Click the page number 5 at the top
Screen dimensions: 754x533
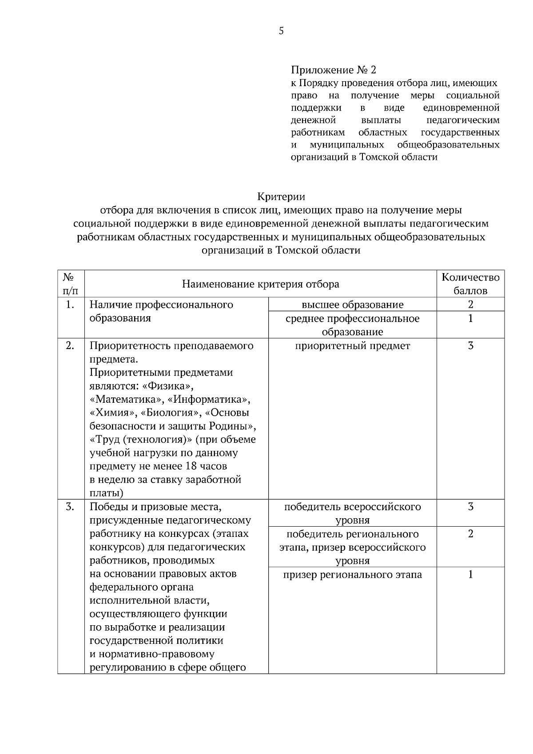281,31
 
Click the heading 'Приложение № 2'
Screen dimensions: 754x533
333,70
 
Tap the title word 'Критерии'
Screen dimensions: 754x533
281,196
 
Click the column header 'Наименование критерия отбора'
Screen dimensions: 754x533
261,284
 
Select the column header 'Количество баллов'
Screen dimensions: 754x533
470,284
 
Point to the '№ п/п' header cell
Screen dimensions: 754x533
71,284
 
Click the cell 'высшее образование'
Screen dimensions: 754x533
352,305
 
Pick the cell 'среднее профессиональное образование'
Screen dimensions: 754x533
352,325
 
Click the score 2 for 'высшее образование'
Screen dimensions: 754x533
470,305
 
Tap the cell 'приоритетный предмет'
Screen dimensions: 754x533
352,346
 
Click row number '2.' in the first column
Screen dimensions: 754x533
70,346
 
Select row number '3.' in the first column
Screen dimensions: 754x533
70,507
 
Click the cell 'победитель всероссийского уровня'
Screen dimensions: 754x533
352,513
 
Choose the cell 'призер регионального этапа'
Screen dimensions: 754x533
352,575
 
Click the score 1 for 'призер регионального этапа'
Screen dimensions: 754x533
470,575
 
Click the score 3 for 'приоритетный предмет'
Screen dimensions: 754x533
470,346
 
